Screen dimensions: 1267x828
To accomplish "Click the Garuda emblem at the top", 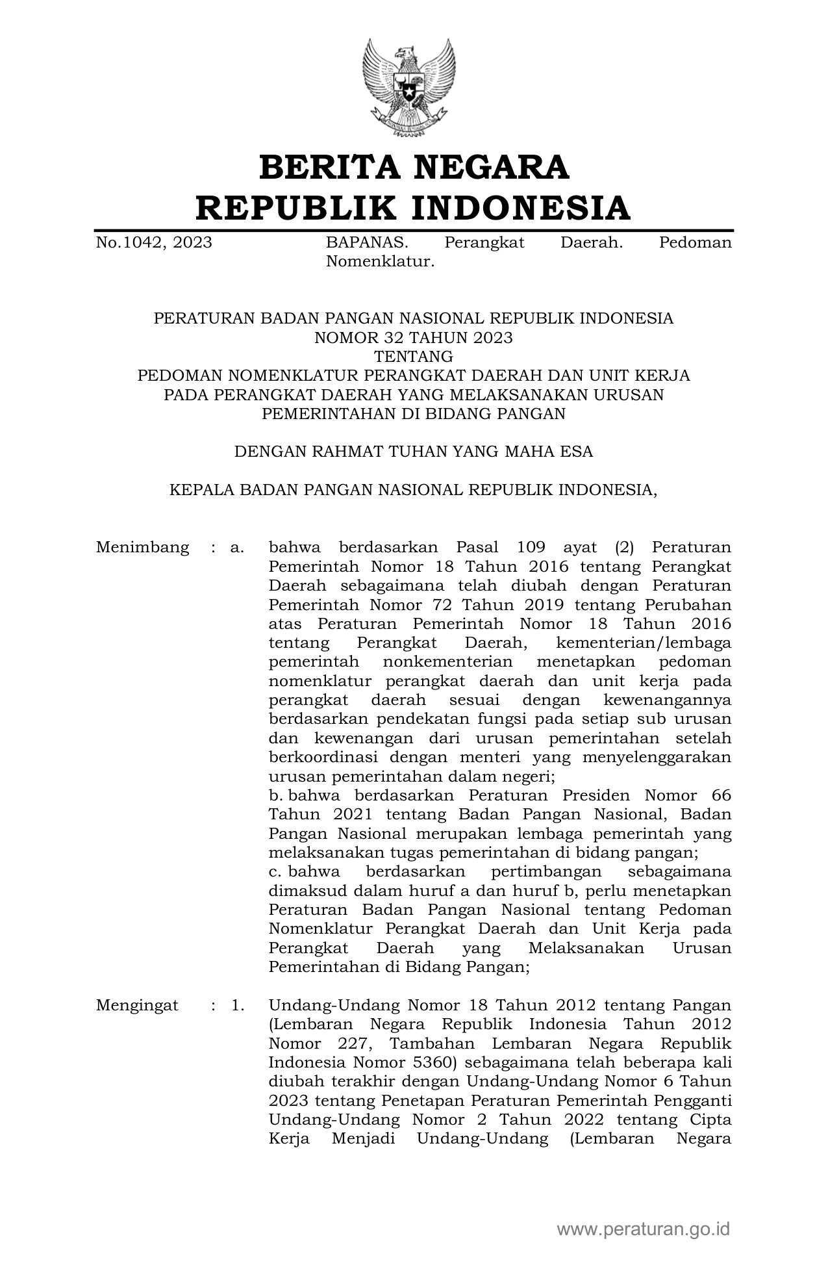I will (x=408, y=88).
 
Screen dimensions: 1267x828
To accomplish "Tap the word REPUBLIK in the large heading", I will (x=297, y=208).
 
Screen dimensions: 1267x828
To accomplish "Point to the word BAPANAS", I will (x=367, y=243).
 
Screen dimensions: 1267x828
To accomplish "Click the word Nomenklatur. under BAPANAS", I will (x=380, y=262).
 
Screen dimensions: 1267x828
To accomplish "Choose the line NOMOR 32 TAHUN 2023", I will (x=413, y=338).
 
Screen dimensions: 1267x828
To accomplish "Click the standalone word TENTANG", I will (x=413, y=357).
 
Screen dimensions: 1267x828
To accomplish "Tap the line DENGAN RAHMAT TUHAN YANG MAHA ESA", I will (x=413, y=452).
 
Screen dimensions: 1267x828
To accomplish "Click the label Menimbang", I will (x=142, y=547).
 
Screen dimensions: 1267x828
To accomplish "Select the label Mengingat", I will (x=137, y=1006).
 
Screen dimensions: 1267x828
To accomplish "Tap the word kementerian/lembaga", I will (x=644, y=643).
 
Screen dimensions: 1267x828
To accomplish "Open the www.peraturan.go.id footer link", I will (x=644, y=1228).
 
